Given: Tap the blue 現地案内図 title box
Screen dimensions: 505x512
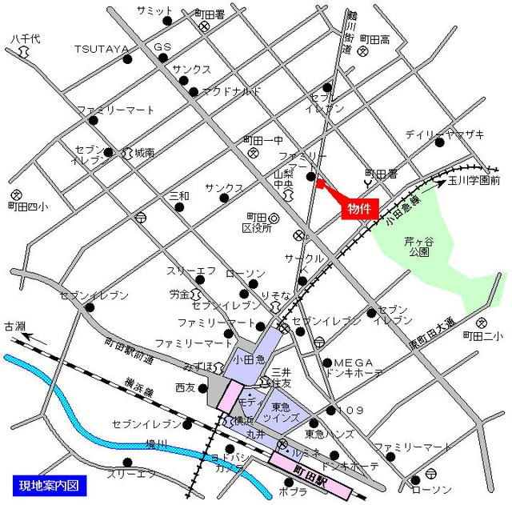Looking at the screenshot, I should point(49,485).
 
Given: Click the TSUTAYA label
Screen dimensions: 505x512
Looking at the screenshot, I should point(102,49).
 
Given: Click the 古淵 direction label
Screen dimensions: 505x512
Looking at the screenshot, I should point(14,326).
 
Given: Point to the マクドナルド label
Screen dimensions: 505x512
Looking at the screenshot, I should point(232,91).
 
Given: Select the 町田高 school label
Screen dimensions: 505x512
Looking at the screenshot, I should point(374,38).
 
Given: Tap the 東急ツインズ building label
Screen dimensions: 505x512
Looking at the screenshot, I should point(286,412).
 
